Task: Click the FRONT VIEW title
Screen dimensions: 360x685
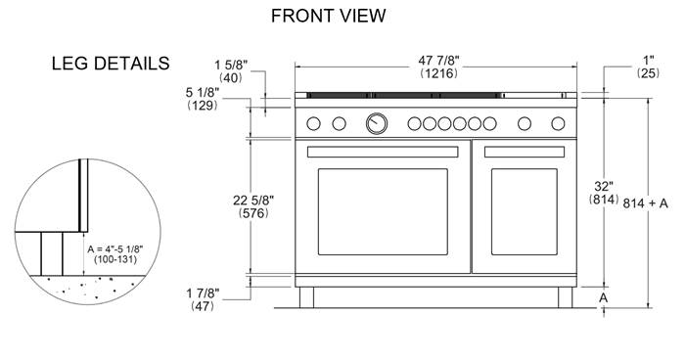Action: tap(328, 16)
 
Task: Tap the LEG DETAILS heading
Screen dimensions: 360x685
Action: tap(111, 64)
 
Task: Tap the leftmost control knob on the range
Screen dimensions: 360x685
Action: tap(315, 123)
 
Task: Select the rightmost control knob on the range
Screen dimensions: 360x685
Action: tap(559, 123)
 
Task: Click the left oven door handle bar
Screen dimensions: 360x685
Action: tap(383, 152)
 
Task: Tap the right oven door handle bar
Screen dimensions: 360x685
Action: tap(529, 152)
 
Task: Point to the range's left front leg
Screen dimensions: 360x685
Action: tap(306, 295)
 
